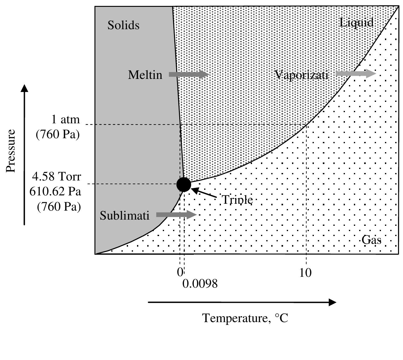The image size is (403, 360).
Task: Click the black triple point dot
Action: tap(184, 185)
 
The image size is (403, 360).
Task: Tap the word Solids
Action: tap(123, 25)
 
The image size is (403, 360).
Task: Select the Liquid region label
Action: tap(356, 23)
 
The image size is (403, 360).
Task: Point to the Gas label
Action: tap(371, 240)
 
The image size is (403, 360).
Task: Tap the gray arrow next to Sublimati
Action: tap(176, 215)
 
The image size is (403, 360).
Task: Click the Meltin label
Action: tap(145, 75)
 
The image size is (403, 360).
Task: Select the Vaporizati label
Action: tap(301, 75)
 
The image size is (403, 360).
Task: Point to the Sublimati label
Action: tap(125, 215)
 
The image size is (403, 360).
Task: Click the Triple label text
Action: tap(237, 200)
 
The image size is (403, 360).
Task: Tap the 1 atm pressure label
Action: tap(65, 119)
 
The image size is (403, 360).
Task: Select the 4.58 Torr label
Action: tap(57, 176)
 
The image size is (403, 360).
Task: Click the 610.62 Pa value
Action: tap(55, 191)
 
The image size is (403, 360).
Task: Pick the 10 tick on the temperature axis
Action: tap(305, 273)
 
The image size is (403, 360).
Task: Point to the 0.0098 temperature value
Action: tap(200, 284)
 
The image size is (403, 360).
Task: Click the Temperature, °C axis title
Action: tap(245, 318)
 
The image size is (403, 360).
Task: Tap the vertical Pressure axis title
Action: tap(11, 151)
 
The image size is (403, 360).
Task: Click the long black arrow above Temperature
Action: tap(242, 302)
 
